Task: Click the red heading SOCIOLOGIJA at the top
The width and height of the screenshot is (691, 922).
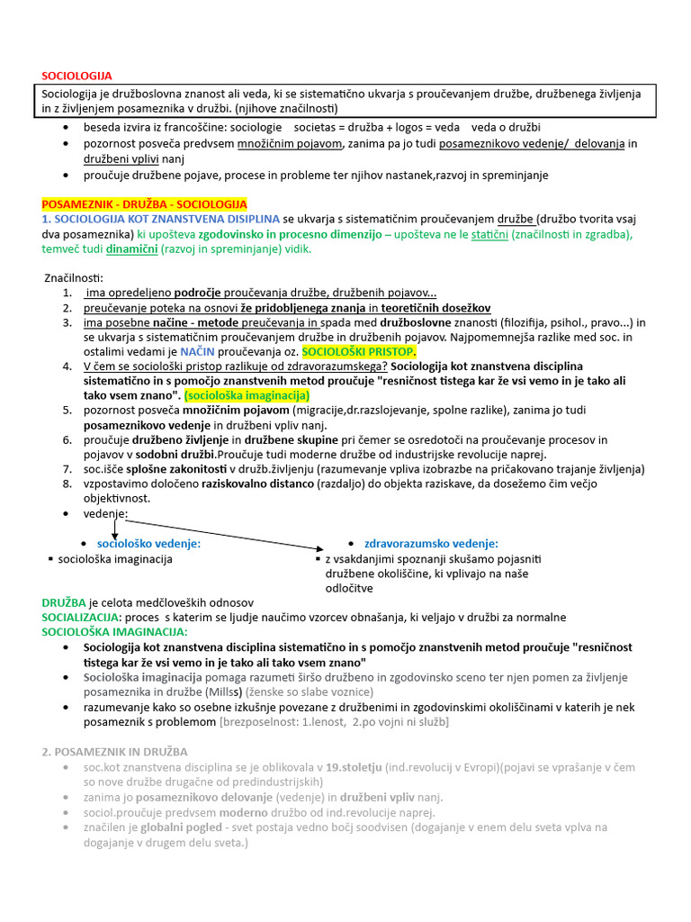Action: pos(77,76)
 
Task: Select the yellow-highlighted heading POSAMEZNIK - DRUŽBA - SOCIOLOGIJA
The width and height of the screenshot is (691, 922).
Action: pos(144,205)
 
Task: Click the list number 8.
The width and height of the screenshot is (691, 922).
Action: pos(67,484)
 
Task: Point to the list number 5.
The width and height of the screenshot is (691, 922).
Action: pos(67,410)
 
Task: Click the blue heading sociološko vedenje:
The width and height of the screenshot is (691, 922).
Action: pos(148,544)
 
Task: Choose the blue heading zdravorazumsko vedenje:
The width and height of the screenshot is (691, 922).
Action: pos(431,544)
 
